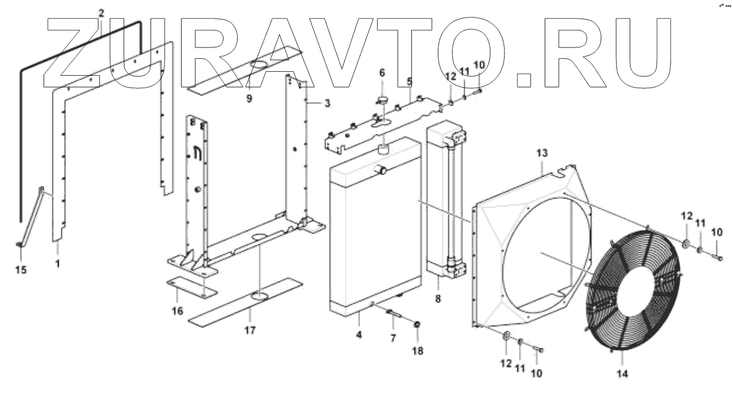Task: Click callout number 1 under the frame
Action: [57, 263]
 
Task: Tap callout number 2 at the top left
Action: [101, 12]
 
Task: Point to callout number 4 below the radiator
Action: [359, 335]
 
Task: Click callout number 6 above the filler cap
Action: [381, 72]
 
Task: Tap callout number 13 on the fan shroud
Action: [542, 154]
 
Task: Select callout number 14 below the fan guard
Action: [622, 373]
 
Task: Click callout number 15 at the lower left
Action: [20, 270]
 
